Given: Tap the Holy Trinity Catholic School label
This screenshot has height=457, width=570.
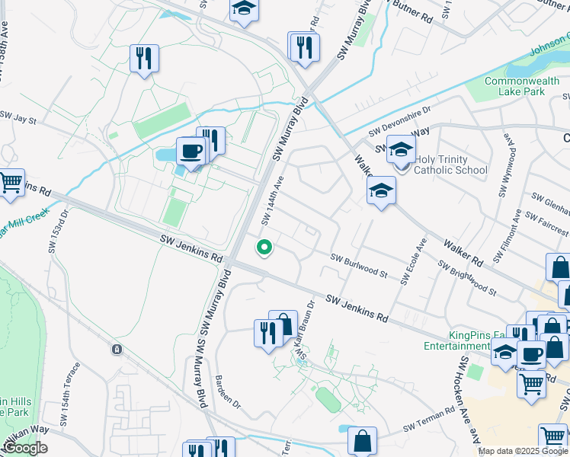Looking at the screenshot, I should tap(450, 164).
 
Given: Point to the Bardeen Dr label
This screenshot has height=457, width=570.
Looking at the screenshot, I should tap(228, 391).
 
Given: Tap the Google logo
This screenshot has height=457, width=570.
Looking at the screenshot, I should tap(26, 448).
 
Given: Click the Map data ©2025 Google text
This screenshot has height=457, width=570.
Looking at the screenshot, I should tap(523, 451).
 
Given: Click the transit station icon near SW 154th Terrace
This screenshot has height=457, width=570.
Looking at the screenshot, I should tap(116, 350).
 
